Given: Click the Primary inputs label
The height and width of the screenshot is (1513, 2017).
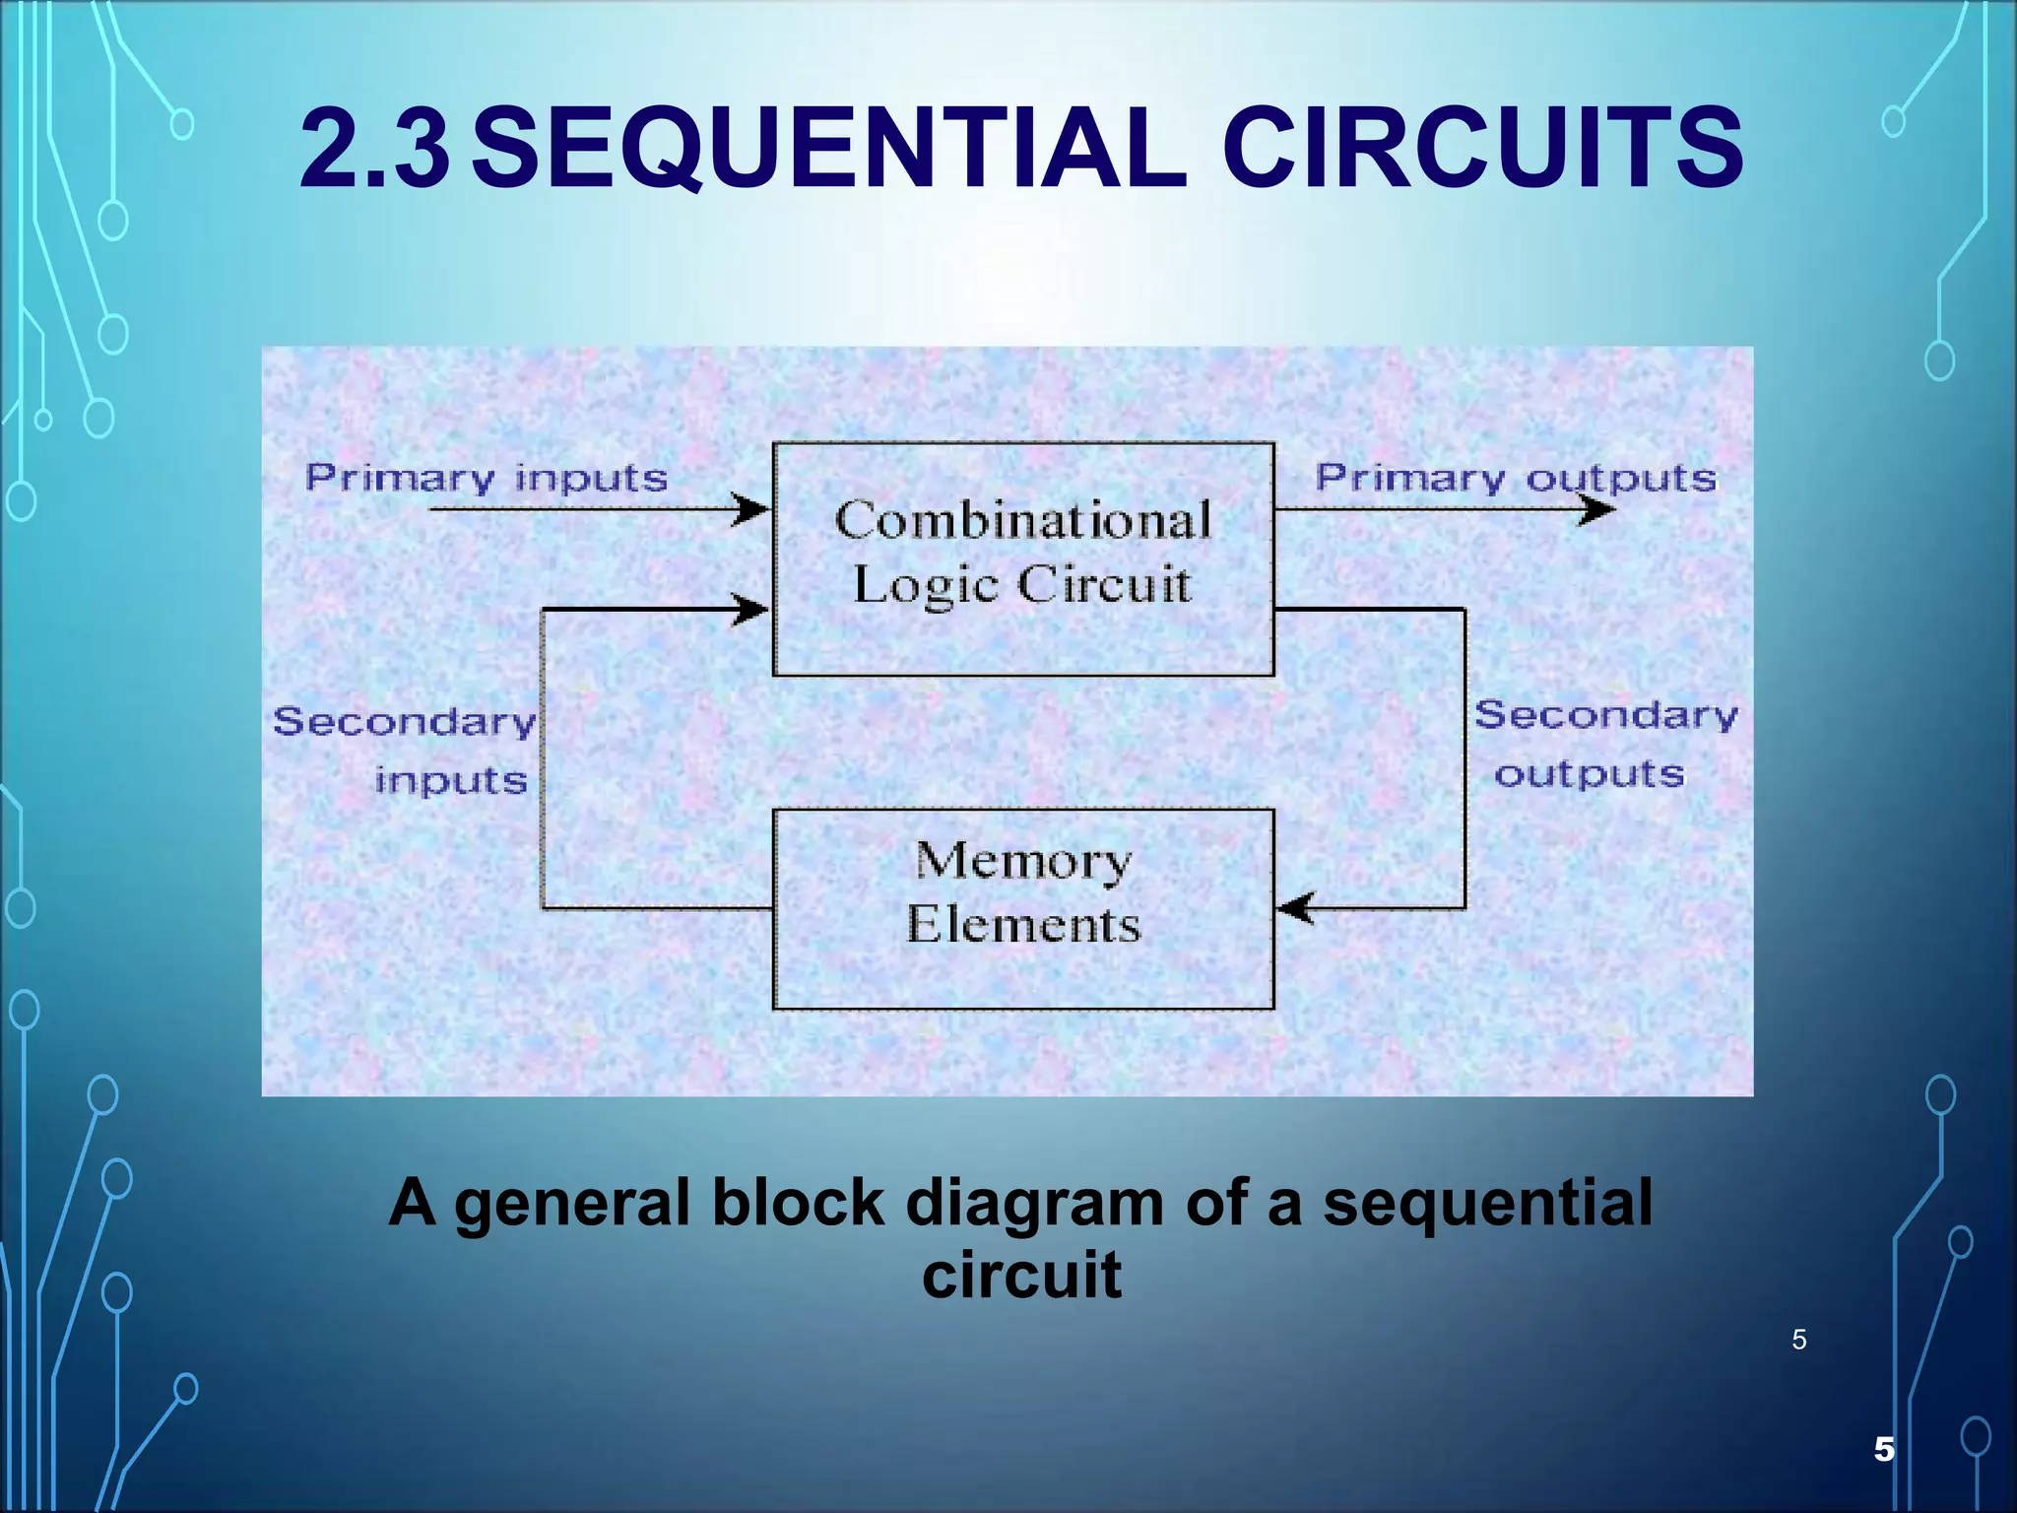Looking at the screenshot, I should [487, 479].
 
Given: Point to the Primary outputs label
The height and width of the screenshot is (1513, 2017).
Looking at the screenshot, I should [1516, 479].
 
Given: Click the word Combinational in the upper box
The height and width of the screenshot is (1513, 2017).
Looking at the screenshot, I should [1023, 520].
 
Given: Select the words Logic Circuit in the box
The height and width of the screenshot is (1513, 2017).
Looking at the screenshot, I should [1021, 585].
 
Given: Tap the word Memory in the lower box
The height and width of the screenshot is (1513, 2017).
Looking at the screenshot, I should [1023, 861].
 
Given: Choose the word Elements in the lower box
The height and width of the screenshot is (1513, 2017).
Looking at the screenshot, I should [1023, 925].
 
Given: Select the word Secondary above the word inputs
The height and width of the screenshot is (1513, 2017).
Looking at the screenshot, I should [405, 721].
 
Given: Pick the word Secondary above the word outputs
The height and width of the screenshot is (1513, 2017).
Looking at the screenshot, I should [1605, 715].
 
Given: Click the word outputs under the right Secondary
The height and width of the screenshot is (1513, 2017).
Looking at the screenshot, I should [1590, 774].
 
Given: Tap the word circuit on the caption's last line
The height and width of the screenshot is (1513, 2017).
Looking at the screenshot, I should [1021, 1275].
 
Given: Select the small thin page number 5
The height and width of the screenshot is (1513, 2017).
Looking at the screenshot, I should [1799, 1340].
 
